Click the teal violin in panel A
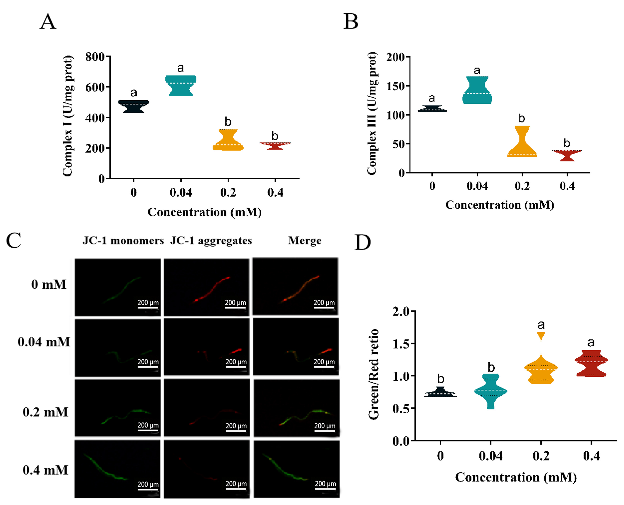coord(180,86)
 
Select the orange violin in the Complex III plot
coord(522,145)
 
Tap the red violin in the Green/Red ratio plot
coord(591,364)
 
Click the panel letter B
coord(351,21)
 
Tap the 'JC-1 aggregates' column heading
coord(211,241)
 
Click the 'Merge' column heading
coord(304,241)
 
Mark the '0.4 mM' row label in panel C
coord(45,470)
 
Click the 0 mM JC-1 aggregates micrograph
coord(206,287)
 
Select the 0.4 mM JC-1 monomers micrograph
coord(117,469)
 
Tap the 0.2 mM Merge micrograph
coord(297,408)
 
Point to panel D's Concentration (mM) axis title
coord(516,477)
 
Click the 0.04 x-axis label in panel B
coord(477,186)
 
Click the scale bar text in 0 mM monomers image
coord(148,303)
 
